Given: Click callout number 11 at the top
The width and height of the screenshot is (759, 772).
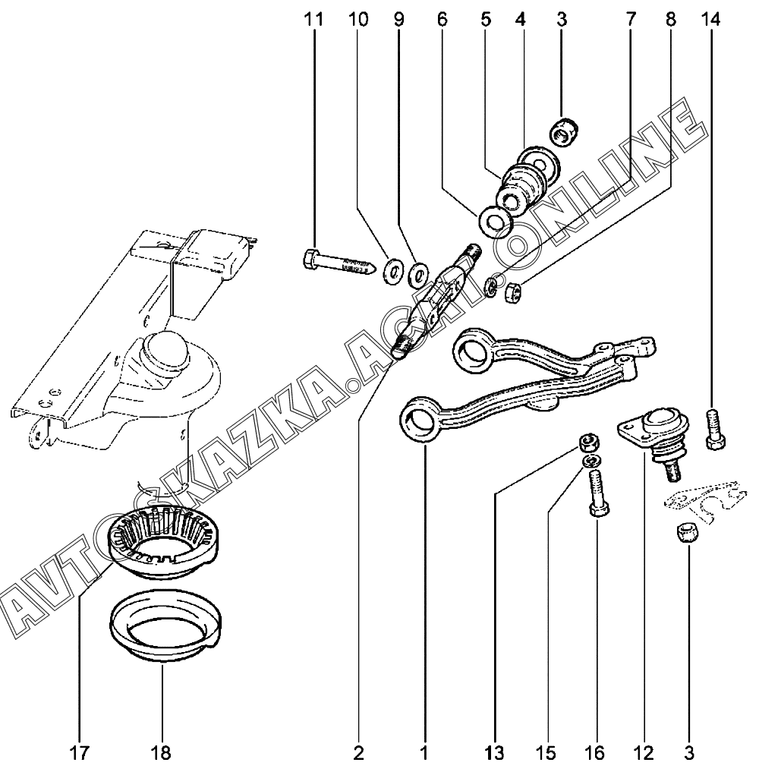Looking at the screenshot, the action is click(x=313, y=20).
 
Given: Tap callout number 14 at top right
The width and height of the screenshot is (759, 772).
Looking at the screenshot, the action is click(x=710, y=20).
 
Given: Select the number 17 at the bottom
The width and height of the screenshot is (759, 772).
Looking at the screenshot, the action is click(x=79, y=753).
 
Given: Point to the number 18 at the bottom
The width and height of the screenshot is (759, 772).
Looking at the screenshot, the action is click(x=161, y=753).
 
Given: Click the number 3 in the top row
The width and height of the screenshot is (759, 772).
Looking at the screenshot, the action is click(x=562, y=20).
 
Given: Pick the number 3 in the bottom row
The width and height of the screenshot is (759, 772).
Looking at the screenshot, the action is click(x=688, y=753).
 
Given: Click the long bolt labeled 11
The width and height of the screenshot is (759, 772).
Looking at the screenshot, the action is click(x=339, y=264).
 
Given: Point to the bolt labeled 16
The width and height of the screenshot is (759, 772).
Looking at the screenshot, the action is click(x=597, y=493).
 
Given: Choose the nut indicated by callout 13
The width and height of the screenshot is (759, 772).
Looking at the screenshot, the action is click(x=587, y=442).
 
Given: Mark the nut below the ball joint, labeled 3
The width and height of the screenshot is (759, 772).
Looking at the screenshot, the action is click(x=685, y=534).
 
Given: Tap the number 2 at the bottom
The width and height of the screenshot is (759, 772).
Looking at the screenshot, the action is click(x=358, y=753).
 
